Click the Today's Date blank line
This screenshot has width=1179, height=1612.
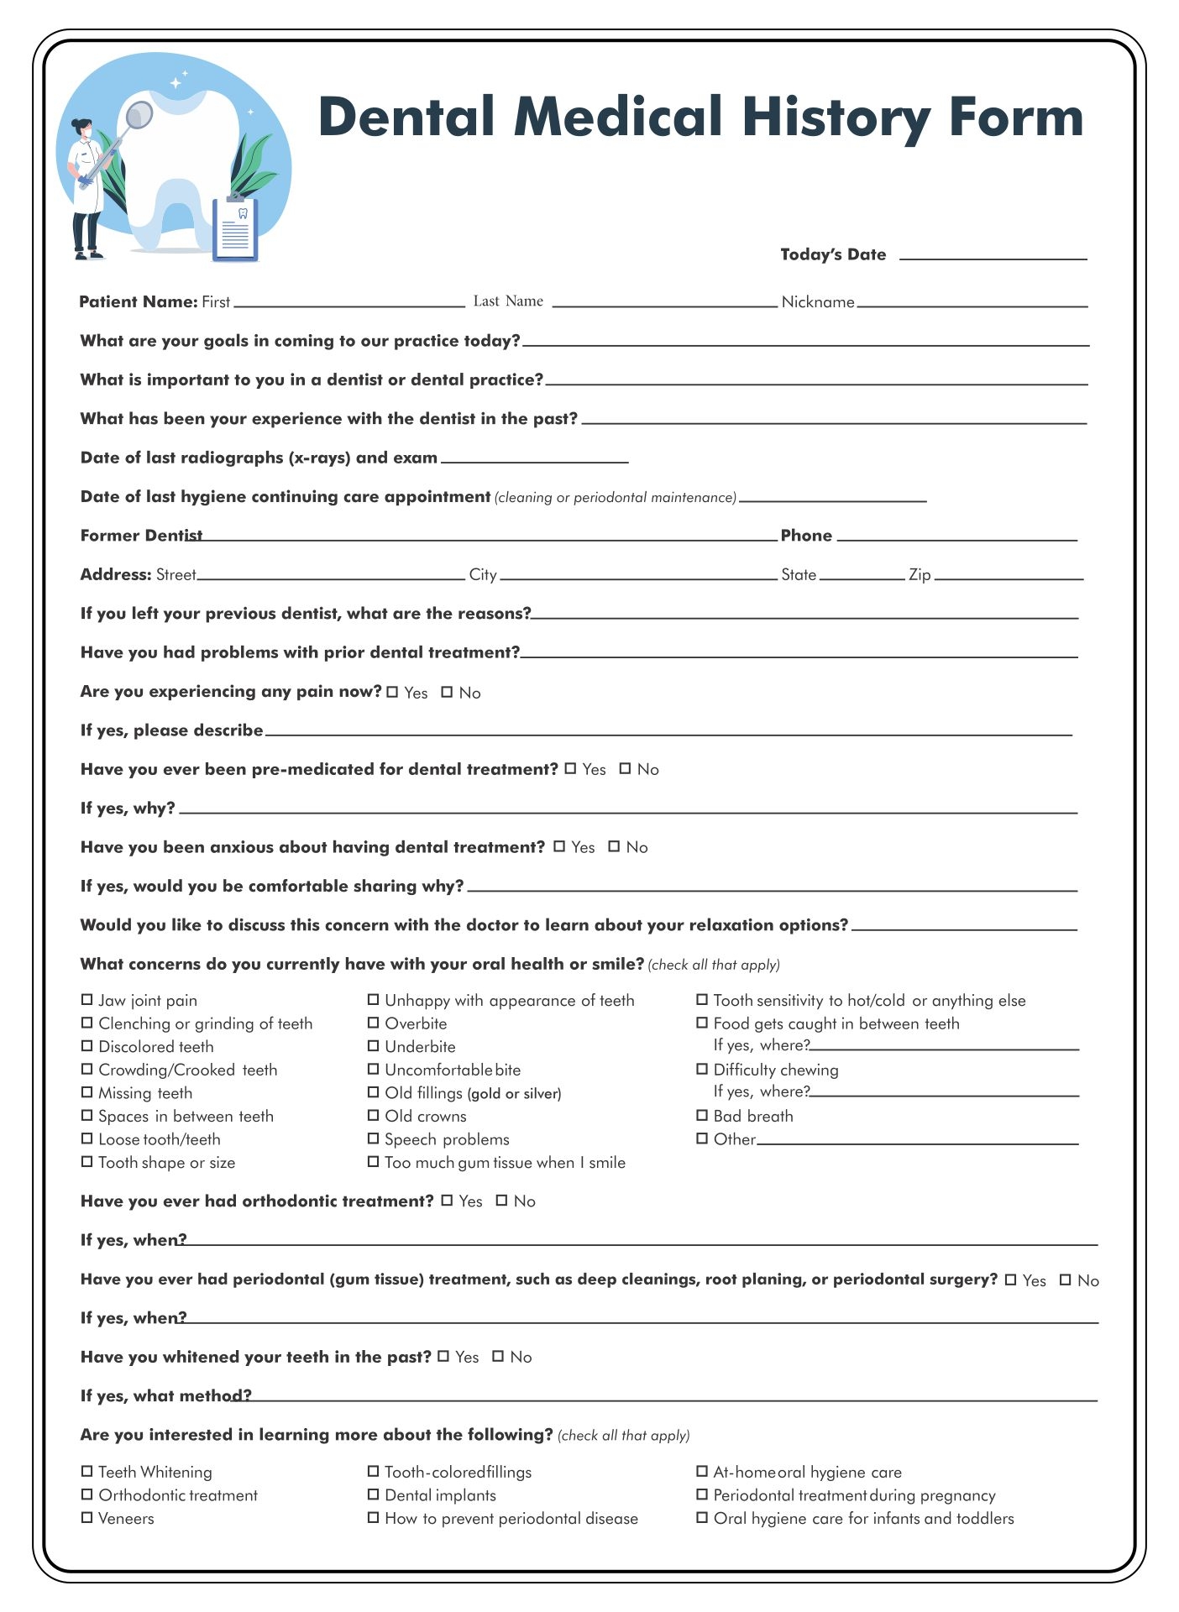[993, 257]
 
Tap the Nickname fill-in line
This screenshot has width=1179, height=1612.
[972, 304]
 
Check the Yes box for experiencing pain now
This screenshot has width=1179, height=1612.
[393, 692]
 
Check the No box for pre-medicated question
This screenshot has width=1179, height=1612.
[625, 768]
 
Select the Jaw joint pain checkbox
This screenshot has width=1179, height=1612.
[86, 999]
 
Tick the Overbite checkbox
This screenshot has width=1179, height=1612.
[373, 1023]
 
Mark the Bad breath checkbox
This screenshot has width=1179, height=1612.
[702, 1115]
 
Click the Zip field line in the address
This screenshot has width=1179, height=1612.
[1009, 578]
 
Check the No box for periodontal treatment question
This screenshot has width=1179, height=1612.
[1065, 1280]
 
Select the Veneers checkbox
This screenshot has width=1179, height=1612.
[86, 1517]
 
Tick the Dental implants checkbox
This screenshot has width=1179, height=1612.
[373, 1494]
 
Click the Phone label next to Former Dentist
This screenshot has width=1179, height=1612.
[805, 536]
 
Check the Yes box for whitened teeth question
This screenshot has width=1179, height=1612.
[443, 1356]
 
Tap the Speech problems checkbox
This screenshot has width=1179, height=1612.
[373, 1138]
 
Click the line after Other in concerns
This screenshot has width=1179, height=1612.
[917, 1143]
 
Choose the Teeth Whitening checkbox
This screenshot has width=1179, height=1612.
[86, 1471]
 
